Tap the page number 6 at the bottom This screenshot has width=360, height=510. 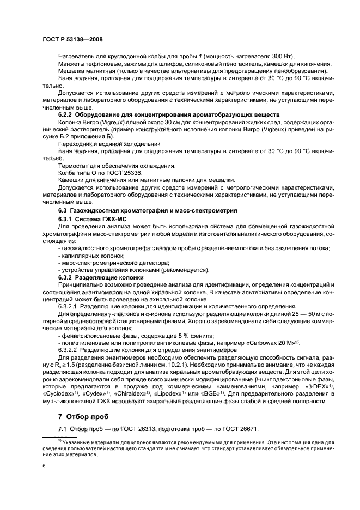[x=44, y=466]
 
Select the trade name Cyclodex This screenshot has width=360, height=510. [x=57, y=393]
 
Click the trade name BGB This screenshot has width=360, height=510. [x=223, y=393]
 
